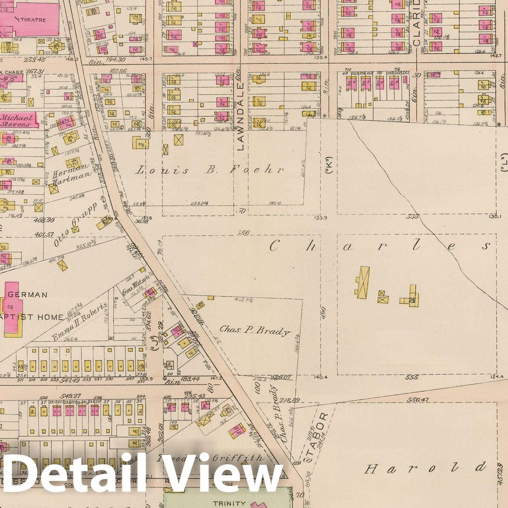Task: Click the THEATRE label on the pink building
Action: (32, 20)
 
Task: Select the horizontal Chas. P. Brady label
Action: (254, 331)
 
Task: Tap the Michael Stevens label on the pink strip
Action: (17, 121)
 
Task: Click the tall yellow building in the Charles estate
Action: (363, 282)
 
